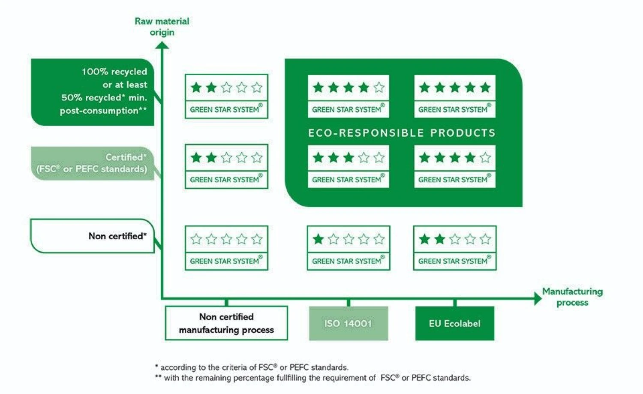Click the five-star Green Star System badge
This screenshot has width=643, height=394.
tap(455, 96)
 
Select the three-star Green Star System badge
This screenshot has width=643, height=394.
tap(349, 166)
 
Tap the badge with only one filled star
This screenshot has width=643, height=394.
tap(349, 248)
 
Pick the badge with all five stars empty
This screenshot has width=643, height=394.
tap(226, 248)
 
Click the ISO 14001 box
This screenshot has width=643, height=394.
tap(348, 324)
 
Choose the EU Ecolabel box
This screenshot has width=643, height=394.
tap(454, 324)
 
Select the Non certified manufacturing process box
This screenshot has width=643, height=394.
tap(226, 323)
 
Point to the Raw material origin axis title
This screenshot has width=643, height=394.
tap(162, 27)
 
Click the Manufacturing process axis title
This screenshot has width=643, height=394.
tap(572, 297)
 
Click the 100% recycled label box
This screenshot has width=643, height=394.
tap(93, 92)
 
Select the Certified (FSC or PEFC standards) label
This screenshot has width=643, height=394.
tap(93, 163)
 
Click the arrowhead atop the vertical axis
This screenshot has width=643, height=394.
tap(162, 45)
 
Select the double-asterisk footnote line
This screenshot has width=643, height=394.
tap(312, 378)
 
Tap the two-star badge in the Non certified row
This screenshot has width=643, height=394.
tap(455, 248)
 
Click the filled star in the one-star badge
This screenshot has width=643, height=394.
tap(318, 239)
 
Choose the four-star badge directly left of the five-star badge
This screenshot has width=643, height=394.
tap(349, 96)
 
